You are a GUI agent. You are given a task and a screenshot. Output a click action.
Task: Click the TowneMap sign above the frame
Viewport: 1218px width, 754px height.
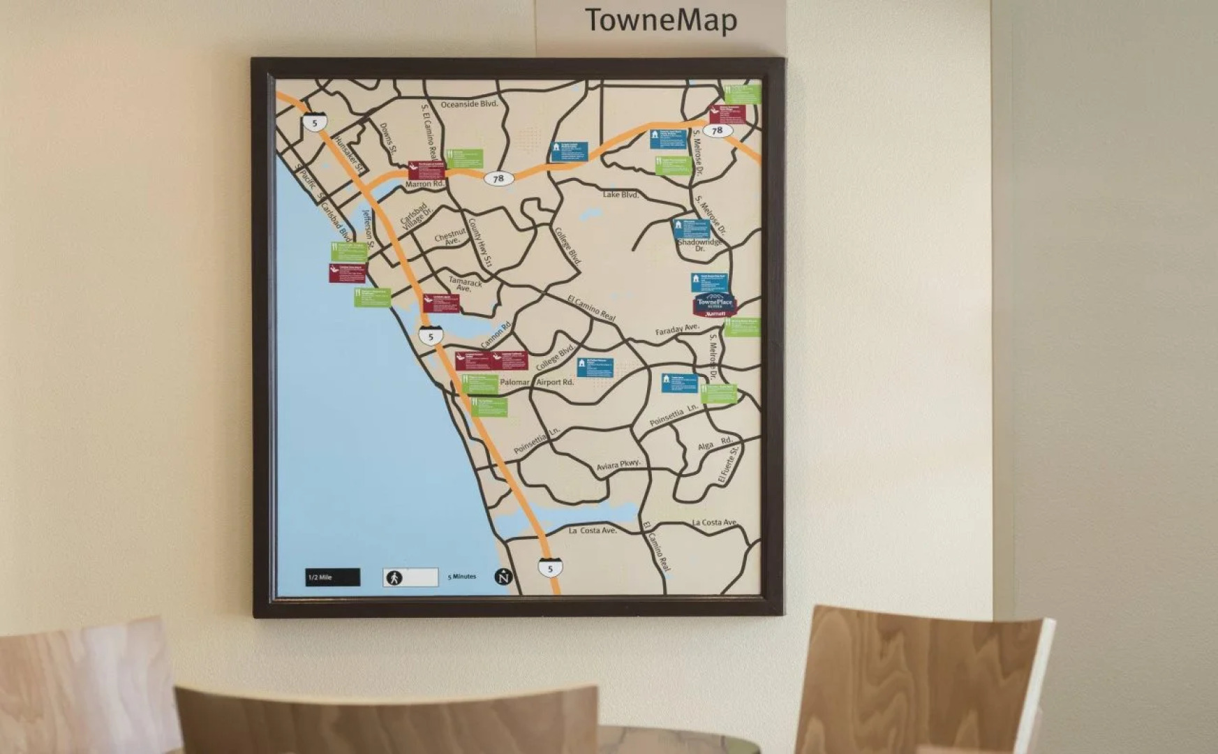click(660, 20)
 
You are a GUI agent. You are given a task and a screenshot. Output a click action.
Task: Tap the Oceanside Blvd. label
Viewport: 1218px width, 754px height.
click(469, 104)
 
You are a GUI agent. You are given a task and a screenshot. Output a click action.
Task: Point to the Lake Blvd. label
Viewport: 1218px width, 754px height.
click(621, 195)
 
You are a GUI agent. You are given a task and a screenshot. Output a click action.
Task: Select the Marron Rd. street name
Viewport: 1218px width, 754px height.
click(424, 184)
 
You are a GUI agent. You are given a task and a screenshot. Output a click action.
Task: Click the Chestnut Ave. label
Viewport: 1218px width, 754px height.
click(450, 237)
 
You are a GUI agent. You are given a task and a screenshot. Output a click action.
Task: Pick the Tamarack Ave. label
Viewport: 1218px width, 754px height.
click(465, 284)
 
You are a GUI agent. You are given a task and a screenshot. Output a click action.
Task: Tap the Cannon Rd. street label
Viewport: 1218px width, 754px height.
click(496, 334)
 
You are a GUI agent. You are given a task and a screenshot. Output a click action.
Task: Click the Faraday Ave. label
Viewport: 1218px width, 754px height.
click(676, 329)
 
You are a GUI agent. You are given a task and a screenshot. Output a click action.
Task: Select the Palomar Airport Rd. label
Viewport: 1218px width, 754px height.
click(537, 383)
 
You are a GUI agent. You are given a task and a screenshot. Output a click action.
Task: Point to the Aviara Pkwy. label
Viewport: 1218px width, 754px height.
click(618, 465)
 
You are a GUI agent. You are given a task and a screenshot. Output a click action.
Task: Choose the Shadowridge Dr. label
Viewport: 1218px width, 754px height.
click(699, 244)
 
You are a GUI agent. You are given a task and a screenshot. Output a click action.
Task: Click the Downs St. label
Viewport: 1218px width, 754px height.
click(388, 138)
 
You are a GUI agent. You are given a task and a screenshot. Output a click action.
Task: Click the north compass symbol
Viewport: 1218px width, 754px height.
click(503, 577)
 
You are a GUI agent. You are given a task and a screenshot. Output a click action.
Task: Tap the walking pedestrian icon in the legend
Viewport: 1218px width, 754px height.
click(394, 577)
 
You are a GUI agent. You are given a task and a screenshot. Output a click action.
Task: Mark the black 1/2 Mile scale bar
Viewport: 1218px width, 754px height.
click(332, 577)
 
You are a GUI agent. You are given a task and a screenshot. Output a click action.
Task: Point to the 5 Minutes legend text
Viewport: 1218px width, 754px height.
click(461, 577)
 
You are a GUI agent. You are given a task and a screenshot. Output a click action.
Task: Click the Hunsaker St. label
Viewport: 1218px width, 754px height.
click(350, 154)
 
